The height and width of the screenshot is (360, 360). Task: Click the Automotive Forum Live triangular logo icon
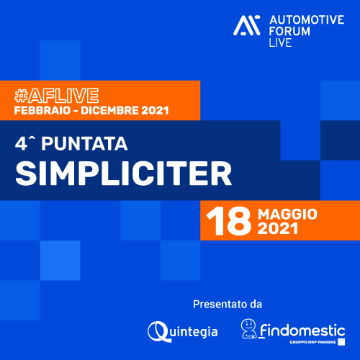pyautogui.click(x=247, y=25)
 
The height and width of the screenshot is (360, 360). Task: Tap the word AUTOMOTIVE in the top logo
pyautogui.click(x=307, y=20)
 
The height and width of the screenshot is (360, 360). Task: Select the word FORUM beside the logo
pyautogui.click(x=289, y=32)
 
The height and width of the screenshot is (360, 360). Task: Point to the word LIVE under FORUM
pyautogui.click(x=280, y=42)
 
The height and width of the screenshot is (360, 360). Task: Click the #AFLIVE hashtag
pyautogui.click(x=57, y=96)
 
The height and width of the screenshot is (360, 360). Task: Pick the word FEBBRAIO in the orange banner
pyautogui.click(x=42, y=111)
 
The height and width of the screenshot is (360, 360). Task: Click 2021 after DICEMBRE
pyautogui.click(x=155, y=111)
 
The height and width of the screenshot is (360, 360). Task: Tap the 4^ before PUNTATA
pyautogui.click(x=25, y=143)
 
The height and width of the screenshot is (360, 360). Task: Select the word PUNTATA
pyautogui.click(x=84, y=144)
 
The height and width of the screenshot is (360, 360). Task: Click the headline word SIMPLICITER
pyautogui.click(x=124, y=174)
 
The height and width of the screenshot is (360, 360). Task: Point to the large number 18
pyautogui.click(x=229, y=220)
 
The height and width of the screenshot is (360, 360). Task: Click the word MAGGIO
pyautogui.click(x=287, y=214)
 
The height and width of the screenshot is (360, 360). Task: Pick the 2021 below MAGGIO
pyautogui.click(x=278, y=228)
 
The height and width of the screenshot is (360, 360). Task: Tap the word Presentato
pyautogui.click(x=220, y=305)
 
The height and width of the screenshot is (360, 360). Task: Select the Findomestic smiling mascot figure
pyautogui.click(x=248, y=328)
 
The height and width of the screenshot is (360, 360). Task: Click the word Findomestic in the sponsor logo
pyautogui.click(x=302, y=330)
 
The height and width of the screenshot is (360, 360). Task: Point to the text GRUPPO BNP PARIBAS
pyautogui.click(x=312, y=342)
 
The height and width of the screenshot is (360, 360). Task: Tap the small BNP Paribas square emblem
pyautogui.click(x=341, y=342)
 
